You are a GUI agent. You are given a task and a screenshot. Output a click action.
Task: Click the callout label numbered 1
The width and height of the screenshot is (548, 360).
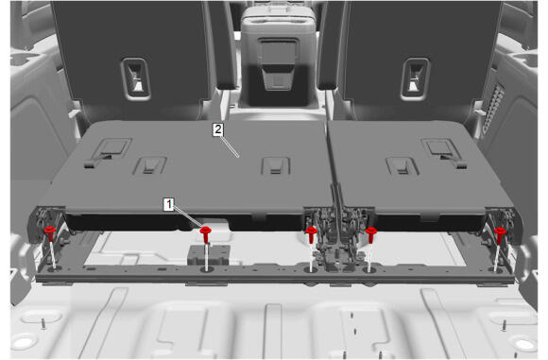169,204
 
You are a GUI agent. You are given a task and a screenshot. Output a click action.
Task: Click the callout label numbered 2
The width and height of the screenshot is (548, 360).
218,129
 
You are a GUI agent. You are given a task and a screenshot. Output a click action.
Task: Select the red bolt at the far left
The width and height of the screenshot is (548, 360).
50,233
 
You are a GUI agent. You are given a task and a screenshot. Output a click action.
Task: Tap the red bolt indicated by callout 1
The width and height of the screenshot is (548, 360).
206,234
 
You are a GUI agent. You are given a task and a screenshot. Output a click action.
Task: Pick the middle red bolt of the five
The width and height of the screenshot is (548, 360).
311,234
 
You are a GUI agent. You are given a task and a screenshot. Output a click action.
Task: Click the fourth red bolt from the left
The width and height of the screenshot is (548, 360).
370,234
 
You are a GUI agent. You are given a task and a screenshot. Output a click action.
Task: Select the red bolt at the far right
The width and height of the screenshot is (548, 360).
500,234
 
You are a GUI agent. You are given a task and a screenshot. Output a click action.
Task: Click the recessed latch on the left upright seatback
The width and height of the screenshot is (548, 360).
135,78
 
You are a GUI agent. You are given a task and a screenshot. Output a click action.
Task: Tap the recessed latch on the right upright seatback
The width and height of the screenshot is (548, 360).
415,78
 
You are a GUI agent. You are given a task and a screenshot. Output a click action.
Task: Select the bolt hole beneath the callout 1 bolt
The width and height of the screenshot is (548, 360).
207,269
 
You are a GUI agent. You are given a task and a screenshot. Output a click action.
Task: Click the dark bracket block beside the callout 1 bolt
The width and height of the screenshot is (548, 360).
209,254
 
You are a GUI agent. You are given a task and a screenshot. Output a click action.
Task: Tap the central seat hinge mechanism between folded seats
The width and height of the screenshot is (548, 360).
337,238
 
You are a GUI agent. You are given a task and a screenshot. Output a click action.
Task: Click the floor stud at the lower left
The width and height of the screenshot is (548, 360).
43,324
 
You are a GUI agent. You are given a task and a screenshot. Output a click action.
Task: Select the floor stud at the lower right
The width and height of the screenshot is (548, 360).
504,325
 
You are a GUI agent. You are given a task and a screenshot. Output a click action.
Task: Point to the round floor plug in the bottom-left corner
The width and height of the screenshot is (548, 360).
23,342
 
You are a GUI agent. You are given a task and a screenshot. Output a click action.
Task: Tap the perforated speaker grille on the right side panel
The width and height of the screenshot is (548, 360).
493,109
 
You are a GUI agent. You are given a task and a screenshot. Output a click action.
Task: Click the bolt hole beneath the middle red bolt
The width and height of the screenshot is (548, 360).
310,269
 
